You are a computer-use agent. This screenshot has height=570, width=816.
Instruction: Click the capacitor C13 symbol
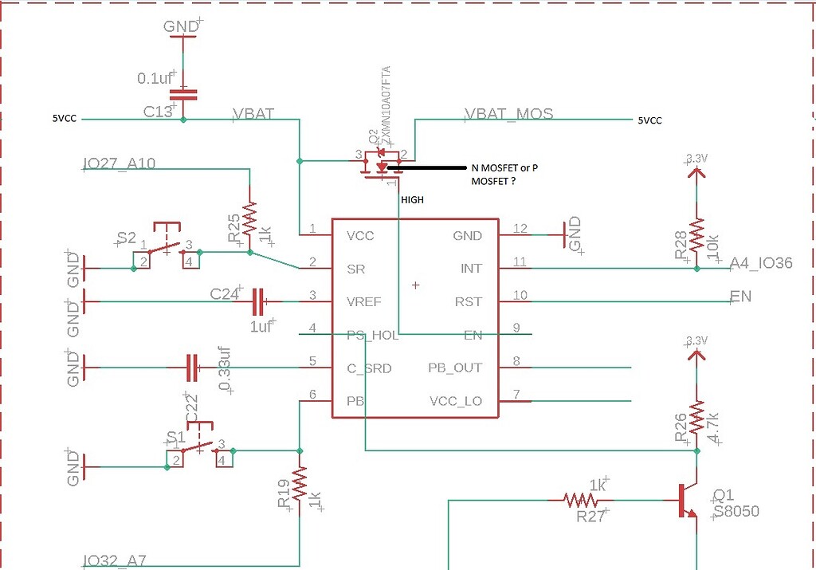[183, 94]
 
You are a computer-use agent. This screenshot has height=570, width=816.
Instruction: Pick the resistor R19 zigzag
[300, 484]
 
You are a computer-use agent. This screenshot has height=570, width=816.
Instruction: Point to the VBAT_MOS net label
[508, 114]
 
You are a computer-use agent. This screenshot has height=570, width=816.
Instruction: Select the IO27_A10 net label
[120, 164]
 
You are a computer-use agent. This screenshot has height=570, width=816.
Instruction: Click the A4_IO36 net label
[761, 262]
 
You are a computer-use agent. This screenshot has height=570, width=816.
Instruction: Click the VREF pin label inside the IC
[364, 302]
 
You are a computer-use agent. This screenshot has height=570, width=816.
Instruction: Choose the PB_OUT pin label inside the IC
[455, 368]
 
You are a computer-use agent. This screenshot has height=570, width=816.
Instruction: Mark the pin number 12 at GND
[520, 230]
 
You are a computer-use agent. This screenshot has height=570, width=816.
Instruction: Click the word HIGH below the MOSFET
[411, 200]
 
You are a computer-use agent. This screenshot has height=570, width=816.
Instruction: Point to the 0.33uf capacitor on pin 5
[192, 368]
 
